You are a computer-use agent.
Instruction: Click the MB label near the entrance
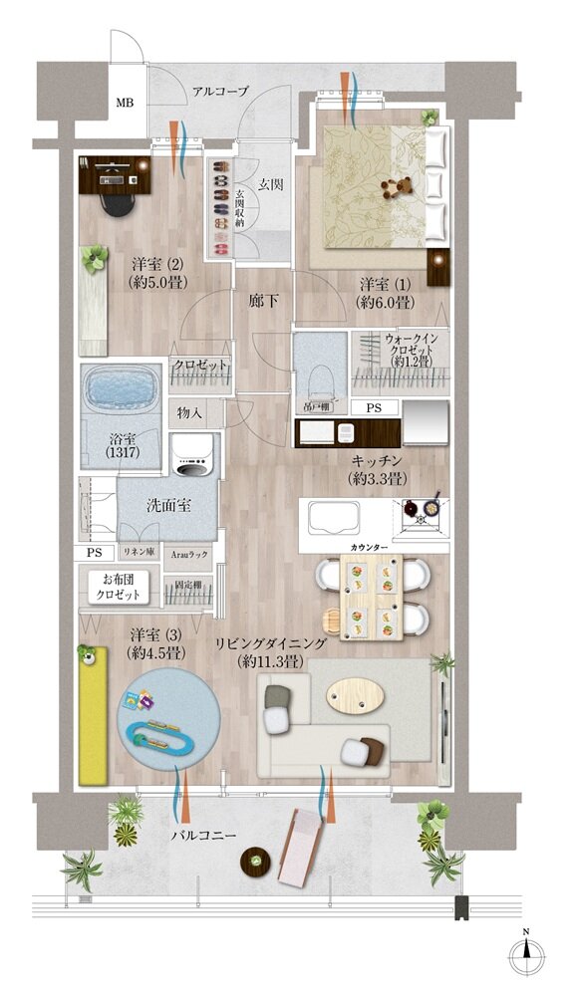[126, 103]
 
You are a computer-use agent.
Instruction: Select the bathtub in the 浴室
[118, 389]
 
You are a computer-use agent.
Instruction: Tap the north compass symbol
[526, 955]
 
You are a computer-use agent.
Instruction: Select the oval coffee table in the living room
[358, 695]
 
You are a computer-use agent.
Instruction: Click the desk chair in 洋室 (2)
[119, 200]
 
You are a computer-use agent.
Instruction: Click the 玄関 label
[270, 184]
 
